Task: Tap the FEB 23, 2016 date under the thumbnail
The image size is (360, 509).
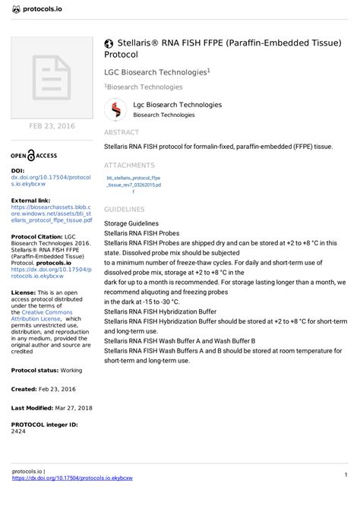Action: pyautogui.click(x=51, y=125)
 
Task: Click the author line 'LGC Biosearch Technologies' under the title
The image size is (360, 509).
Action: pyautogui.click(x=155, y=72)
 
